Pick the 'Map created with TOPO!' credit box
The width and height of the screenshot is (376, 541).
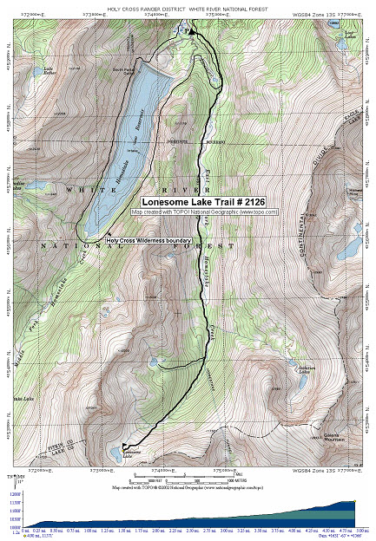pyautogui.click(x=205, y=211)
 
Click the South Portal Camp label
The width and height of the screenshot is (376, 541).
pyautogui.click(x=123, y=75)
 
